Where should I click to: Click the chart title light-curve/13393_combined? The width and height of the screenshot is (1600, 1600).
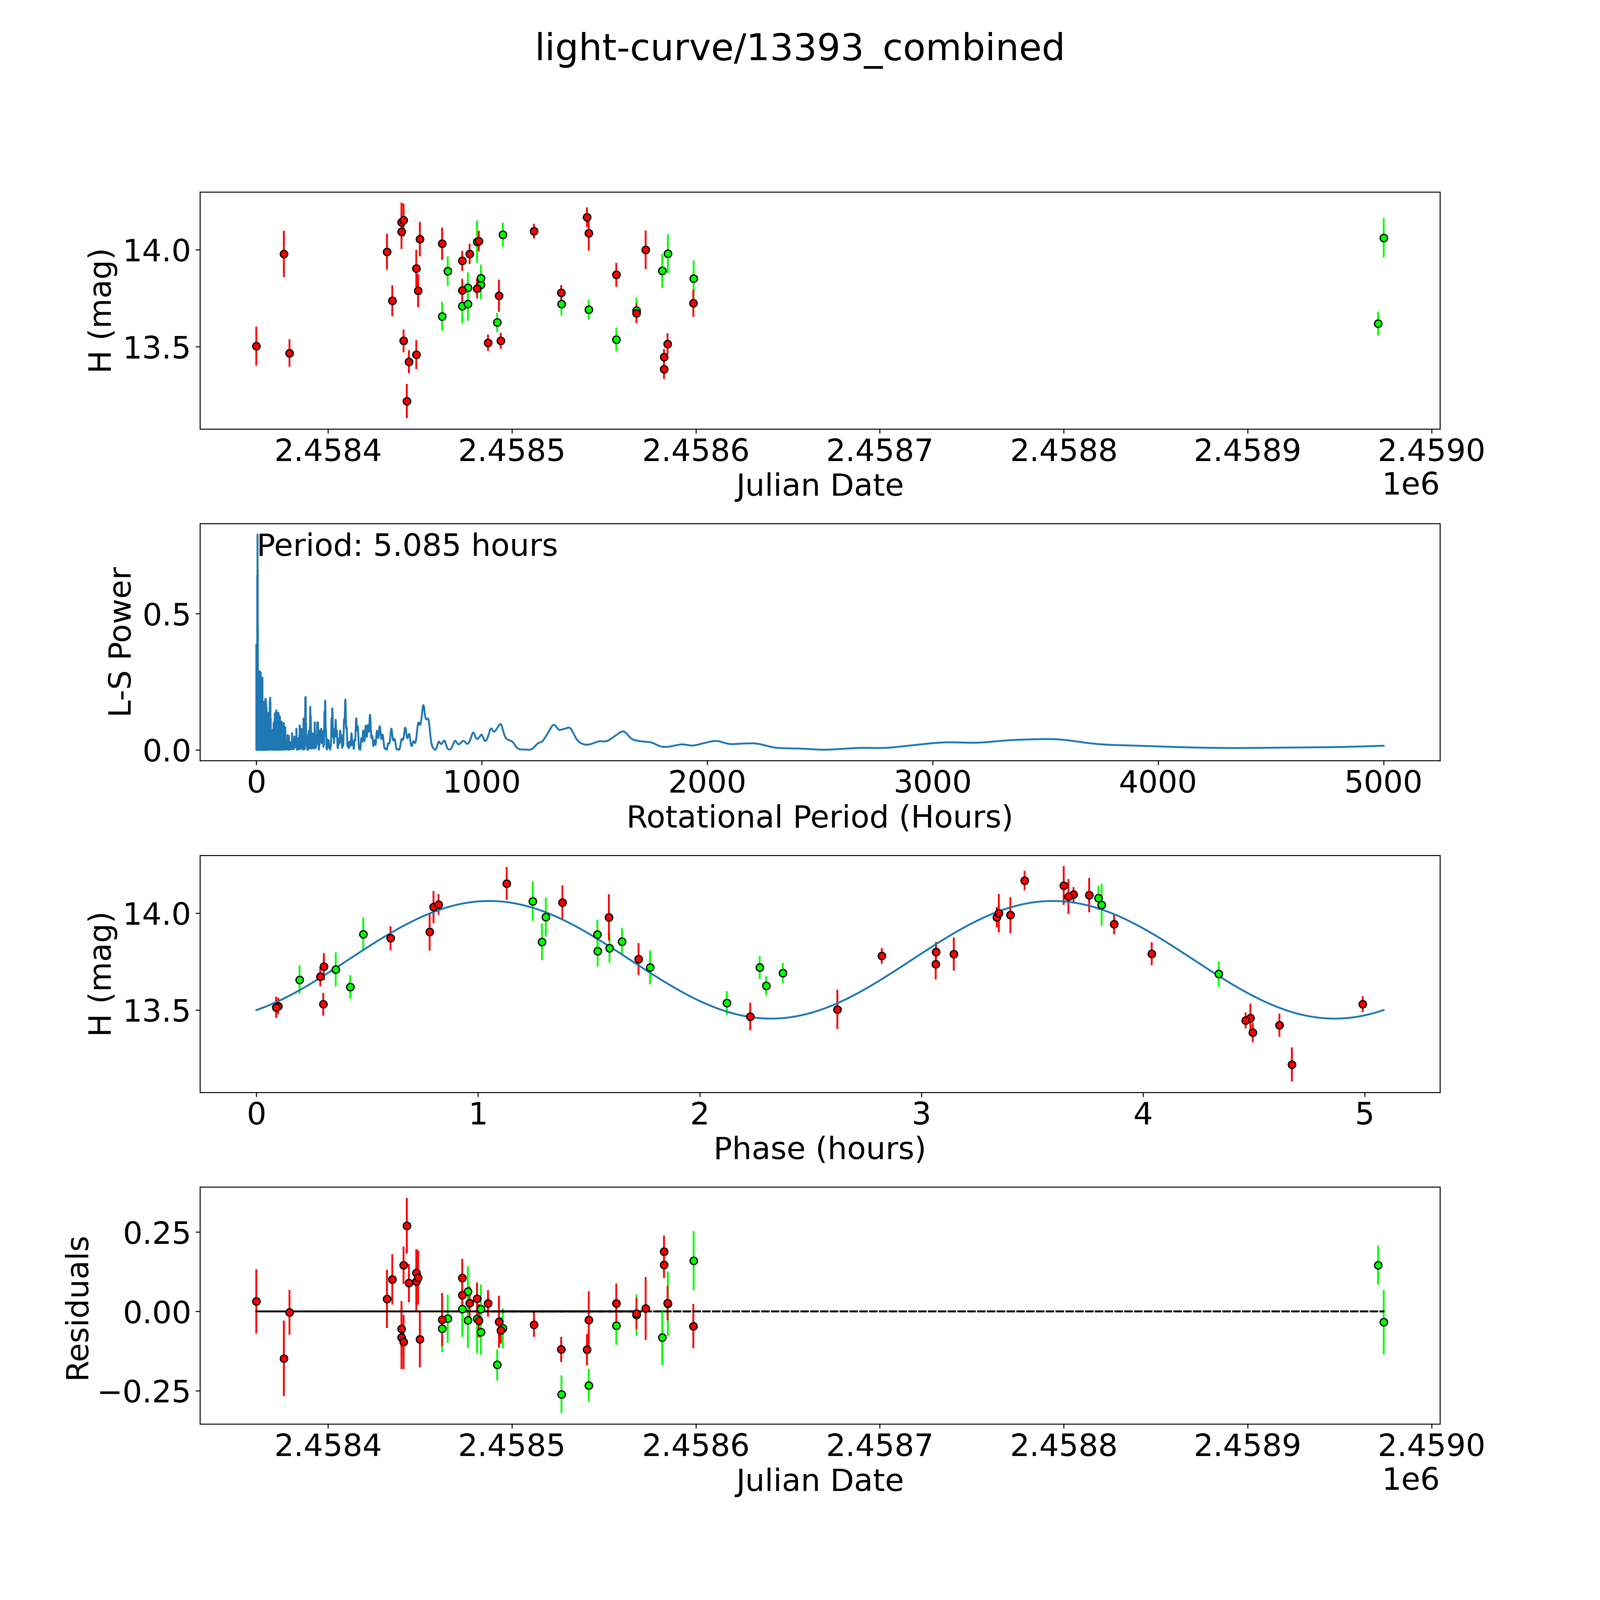coord(799,48)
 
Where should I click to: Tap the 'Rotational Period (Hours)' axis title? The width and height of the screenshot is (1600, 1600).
coord(819,817)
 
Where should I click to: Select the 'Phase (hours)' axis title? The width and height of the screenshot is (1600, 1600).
coord(819,1149)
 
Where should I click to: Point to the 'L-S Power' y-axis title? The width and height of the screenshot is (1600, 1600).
coord(121,642)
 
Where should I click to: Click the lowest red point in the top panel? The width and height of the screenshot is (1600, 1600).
coord(407,401)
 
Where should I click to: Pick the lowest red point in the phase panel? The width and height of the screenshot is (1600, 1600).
coord(1291,1064)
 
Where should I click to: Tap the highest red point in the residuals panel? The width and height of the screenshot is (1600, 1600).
coord(407,1226)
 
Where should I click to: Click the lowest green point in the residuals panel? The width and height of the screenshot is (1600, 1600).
coord(561,1395)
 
